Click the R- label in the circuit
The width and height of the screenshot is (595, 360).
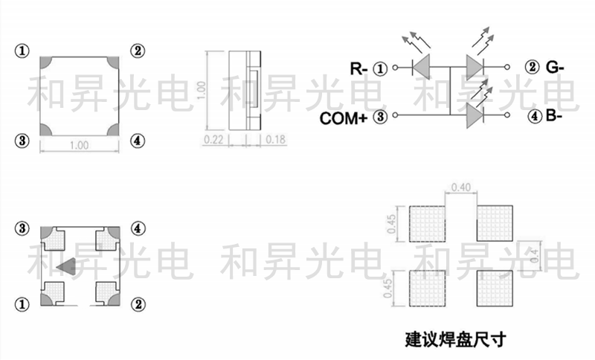point(359,69)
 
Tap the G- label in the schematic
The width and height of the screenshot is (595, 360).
point(555,68)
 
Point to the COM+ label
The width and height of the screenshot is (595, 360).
point(344,118)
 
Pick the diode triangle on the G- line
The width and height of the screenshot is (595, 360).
point(475,68)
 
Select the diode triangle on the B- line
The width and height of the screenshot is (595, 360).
point(475,115)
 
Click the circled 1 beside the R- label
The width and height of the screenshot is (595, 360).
point(381,69)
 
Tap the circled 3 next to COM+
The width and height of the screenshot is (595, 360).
point(381,117)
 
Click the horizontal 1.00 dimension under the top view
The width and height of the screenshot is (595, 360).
point(79,145)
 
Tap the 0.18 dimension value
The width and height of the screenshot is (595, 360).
point(275,139)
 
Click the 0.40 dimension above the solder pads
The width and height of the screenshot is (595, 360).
point(460,187)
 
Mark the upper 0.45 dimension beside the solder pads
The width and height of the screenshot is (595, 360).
point(392,224)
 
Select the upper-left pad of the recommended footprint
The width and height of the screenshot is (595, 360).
point(427,224)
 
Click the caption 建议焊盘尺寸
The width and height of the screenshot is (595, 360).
point(455,340)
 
